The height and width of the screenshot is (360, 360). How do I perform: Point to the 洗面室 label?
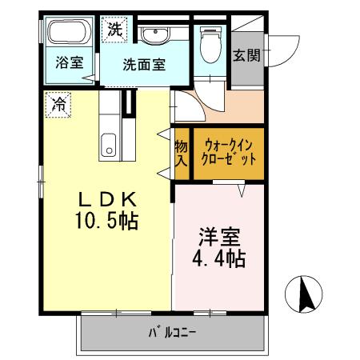point(144,65)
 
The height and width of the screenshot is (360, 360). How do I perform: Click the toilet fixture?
point(210,39)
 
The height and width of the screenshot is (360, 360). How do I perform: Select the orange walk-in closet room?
point(229,164)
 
